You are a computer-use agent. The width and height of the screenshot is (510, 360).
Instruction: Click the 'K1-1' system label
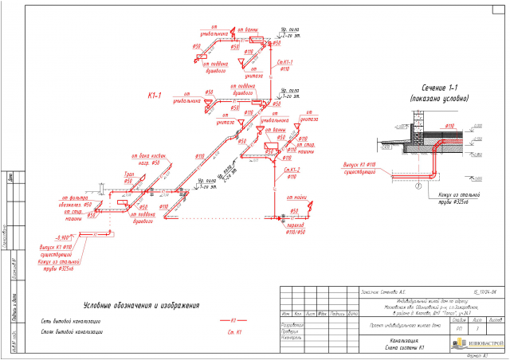click(x=155, y=96)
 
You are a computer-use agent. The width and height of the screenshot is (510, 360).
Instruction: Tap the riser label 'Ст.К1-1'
click(x=288, y=61)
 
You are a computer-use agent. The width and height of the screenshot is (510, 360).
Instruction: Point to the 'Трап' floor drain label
click(x=127, y=173)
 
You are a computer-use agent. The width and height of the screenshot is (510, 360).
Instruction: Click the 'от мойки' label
click(x=300, y=195)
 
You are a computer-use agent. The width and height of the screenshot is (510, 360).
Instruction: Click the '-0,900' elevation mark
click(x=59, y=237)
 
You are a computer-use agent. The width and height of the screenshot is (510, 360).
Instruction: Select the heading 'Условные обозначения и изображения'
click(x=140, y=304)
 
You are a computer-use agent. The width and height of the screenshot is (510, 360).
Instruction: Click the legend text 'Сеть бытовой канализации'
click(x=73, y=321)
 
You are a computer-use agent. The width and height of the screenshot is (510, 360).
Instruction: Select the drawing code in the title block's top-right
click(x=449, y=293)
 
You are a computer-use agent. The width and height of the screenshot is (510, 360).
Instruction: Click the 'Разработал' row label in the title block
click(x=293, y=325)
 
